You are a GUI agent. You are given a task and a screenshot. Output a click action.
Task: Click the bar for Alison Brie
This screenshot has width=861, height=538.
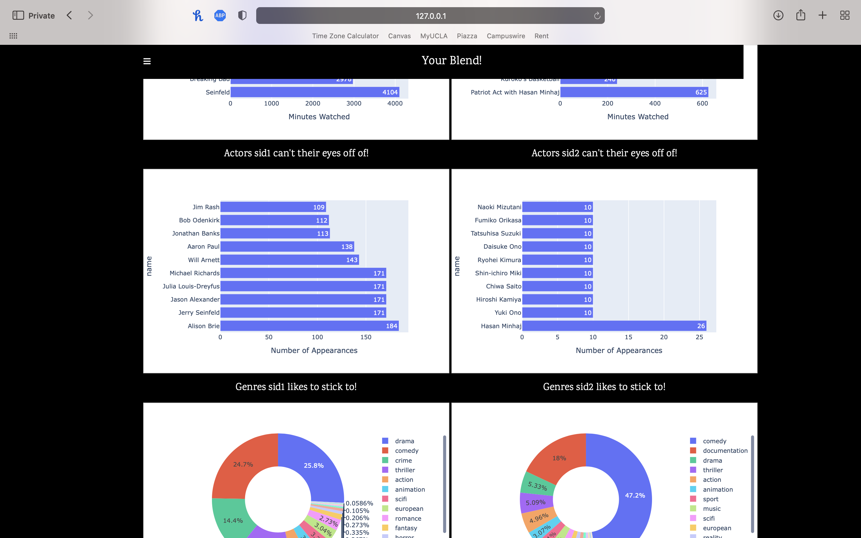309,325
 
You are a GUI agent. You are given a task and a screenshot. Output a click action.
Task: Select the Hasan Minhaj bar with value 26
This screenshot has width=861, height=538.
614,325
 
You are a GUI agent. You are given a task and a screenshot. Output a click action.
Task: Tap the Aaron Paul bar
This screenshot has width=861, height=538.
287,246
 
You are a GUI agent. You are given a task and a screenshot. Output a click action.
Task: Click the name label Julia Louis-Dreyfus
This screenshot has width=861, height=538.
191,286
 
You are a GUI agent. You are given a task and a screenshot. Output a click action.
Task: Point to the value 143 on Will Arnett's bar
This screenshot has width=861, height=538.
352,260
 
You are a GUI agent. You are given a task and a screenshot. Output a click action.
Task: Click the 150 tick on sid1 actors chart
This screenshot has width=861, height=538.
366,337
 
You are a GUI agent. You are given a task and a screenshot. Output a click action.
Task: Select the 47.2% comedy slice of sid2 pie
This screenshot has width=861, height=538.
635,495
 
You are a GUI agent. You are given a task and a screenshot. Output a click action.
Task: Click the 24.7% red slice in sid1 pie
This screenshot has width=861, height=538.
243,464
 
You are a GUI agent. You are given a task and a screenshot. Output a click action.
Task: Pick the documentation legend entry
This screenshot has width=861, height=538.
725,450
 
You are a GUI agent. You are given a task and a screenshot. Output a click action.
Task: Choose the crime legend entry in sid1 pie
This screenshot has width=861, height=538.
403,460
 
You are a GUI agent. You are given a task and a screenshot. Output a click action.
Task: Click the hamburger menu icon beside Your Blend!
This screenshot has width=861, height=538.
147,61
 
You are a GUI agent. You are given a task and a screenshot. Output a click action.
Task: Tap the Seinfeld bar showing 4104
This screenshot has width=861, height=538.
315,92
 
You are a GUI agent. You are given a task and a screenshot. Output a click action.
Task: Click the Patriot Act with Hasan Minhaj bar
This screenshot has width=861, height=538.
634,92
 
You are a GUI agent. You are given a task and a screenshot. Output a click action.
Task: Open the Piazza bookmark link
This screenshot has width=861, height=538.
467,36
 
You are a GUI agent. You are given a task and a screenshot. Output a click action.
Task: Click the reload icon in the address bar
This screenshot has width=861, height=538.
597,16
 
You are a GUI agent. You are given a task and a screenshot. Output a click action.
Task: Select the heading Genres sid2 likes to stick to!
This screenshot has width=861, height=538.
604,387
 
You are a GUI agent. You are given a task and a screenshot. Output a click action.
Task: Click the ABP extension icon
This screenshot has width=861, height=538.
220,15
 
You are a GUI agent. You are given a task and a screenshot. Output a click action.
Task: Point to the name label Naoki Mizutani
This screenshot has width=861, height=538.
499,207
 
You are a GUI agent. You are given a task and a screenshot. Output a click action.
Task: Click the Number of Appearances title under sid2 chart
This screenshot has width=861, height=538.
619,351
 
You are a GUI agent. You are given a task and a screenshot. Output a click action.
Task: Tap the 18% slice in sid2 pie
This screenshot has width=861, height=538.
559,458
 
